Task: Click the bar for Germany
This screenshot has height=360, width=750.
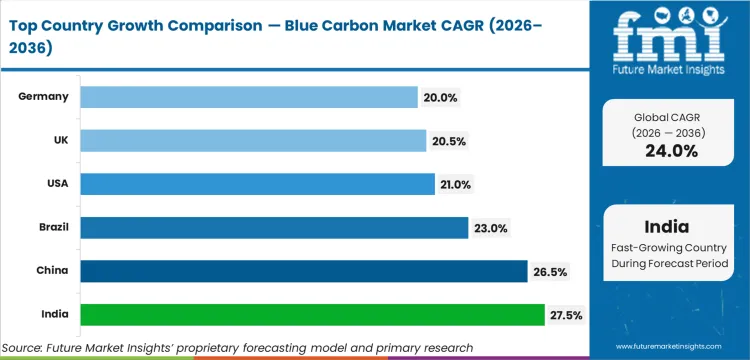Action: tap(248, 97)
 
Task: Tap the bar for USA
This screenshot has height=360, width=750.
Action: tap(257, 184)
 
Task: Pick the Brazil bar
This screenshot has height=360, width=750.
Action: tap(273, 228)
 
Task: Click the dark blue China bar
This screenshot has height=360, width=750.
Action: tap(303, 272)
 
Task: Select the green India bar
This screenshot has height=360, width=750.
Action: tap(312, 315)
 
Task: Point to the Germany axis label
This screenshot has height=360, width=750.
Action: tap(44, 97)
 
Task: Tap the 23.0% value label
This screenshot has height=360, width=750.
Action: tap(489, 228)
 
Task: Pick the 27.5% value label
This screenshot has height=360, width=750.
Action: tap(566, 315)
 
